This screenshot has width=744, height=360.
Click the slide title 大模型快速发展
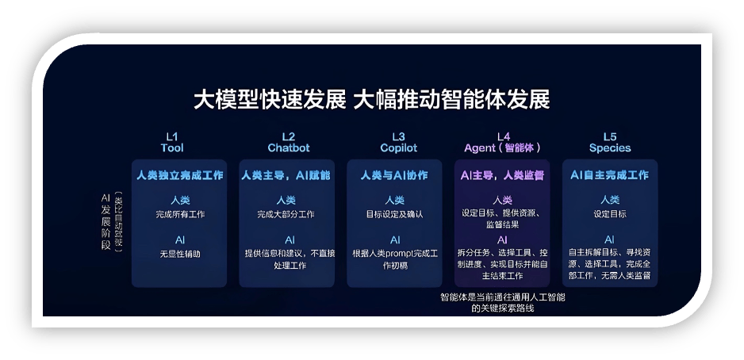click(270, 100)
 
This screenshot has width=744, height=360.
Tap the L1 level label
click(173, 136)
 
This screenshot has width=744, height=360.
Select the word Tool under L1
click(173, 148)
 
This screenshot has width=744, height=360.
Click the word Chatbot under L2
click(288, 148)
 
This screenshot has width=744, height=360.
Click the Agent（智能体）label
click(502, 148)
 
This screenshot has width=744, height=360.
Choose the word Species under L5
click(610, 148)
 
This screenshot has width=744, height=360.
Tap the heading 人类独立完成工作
click(179, 174)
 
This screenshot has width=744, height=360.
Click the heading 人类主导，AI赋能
click(286, 174)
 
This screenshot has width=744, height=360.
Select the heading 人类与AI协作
click(394, 174)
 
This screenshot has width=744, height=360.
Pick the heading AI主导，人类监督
click(502, 174)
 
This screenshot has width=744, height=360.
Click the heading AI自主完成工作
click(610, 174)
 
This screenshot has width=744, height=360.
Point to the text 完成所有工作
click(179, 214)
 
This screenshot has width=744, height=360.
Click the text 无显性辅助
click(179, 254)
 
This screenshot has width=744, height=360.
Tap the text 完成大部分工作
click(286, 214)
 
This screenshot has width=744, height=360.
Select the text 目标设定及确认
click(394, 214)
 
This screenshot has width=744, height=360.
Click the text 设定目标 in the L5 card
click(610, 214)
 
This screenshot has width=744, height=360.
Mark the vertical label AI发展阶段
click(105, 223)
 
